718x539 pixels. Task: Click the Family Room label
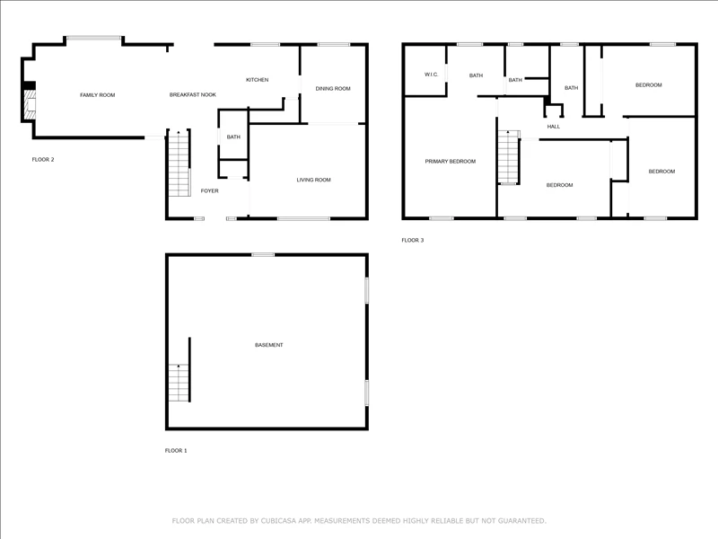coord(98,95)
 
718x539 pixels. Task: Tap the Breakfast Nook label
coord(193,95)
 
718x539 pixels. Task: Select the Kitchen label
coord(258,80)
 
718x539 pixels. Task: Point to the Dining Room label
coord(333,88)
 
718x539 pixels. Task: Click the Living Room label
coord(313,180)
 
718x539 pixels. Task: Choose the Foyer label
coord(210,190)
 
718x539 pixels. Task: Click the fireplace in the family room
coord(30,105)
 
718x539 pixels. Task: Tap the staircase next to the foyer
coord(179,163)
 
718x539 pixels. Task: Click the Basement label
coord(268,345)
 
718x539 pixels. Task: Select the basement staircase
coord(179,383)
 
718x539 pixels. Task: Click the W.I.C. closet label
coord(432,75)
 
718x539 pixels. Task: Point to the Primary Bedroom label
coord(451,162)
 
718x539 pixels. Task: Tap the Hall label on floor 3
coord(553,127)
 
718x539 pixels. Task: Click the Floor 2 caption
coord(43,160)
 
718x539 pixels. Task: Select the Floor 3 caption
coord(413,240)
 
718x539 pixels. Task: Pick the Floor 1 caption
coord(176,451)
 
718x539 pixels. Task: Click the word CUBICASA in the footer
coord(279,521)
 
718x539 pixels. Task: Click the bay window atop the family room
coord(94,38)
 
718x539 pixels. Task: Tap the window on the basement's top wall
coord(263,255)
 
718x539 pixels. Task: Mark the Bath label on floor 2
coord(233,137)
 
